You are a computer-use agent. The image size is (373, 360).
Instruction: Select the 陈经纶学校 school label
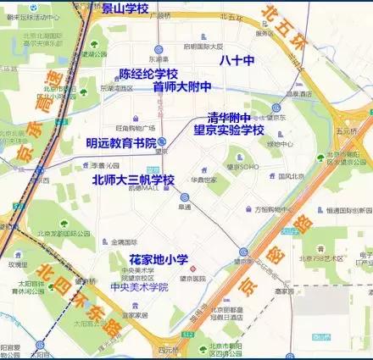pyautogui.click(x=148, y=75)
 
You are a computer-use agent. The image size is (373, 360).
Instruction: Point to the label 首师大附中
pyautogui.click(x=181, y=87)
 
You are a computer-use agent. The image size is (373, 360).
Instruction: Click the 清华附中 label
pyautogui.click(x=230, y=119)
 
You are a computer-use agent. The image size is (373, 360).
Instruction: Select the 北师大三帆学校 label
pyautogui.click(x=133, y=180)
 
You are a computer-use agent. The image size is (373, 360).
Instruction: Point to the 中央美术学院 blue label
pyautogui.click(x=139, y=288)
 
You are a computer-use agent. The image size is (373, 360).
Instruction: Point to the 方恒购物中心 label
pyautogui.click(x=273, y=208)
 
